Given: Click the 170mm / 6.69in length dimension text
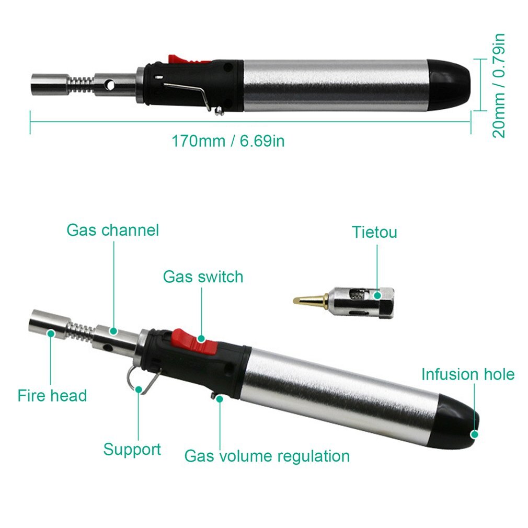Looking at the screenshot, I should coord(228,141).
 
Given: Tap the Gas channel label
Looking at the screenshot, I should coord(112,230).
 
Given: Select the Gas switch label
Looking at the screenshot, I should coord(203,277).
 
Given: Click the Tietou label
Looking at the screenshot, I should coord(374,232).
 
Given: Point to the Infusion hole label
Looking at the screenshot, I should coord(468,374).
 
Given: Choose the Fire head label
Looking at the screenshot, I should coord(52,395).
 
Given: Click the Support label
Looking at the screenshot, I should coord(132,450).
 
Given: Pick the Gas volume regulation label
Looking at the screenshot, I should coord(267,456).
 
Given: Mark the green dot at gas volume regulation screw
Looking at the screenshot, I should coord(220,399).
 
